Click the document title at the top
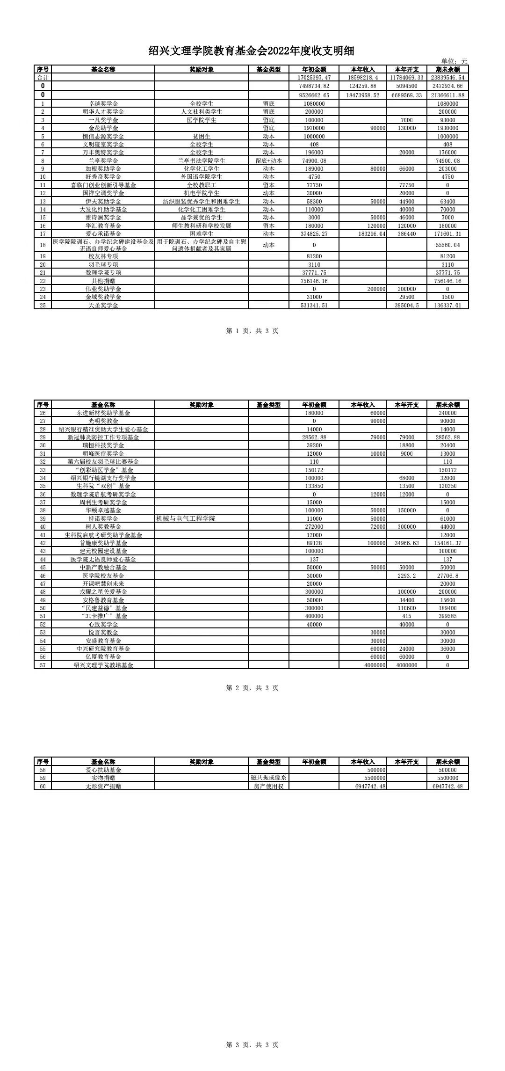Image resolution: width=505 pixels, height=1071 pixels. pos(252,51)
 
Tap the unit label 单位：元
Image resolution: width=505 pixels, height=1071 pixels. pos(454,61)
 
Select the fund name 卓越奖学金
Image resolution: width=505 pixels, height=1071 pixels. pos(103,103)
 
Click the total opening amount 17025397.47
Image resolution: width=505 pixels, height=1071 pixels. pos(314,78)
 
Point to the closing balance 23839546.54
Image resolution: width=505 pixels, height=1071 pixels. pos(447,78)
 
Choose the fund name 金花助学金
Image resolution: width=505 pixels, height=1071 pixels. pos(103,128)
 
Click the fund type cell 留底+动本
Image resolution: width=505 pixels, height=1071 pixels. pos(268,160)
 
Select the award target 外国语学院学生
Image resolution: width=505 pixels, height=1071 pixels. pos(202,177)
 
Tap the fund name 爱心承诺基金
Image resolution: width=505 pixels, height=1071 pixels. pos(103,233)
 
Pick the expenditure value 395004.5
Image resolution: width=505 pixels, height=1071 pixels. pos(406,305)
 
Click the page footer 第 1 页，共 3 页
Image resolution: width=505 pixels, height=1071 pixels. pos(252,331)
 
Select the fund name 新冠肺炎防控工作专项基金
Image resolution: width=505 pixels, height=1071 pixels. pos(103,437)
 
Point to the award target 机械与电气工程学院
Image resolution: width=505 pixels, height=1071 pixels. pos(186,518)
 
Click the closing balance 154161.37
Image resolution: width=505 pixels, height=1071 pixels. pos(447,543)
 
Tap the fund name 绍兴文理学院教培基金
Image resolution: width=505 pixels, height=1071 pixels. pos(103,665)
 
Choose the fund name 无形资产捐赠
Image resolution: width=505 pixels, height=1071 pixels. pos(103,786)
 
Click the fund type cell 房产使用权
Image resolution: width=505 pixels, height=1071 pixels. pos(268,786)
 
